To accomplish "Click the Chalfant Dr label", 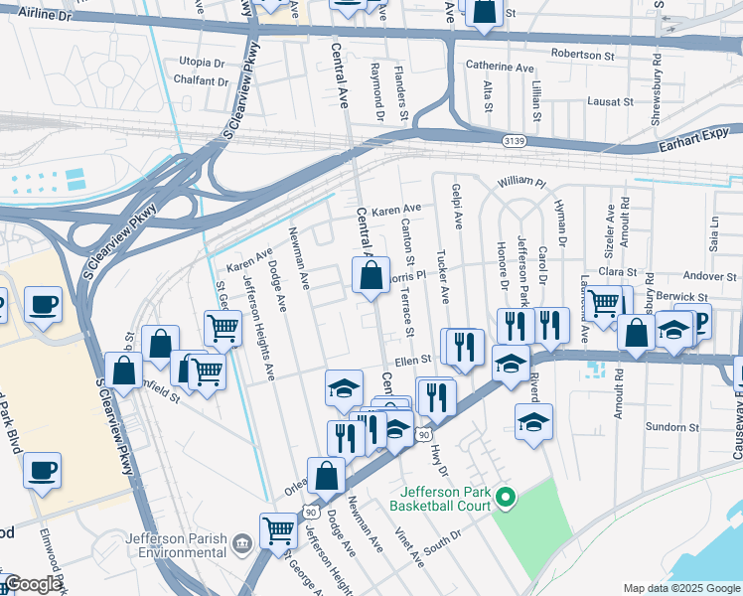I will tap(200, 82).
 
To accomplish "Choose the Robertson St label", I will tap(583, 56).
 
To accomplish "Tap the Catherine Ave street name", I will tap(501, 67).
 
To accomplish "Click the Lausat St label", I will tap(610, 101).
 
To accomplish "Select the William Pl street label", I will tap(521, 183).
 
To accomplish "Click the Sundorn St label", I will tap(671, 427).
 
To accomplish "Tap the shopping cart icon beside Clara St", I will tap(603, 303).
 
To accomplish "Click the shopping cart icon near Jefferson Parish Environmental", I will tap(278, 532).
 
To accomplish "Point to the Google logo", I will tap(34, 585).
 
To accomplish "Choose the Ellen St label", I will tap(414, 360).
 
